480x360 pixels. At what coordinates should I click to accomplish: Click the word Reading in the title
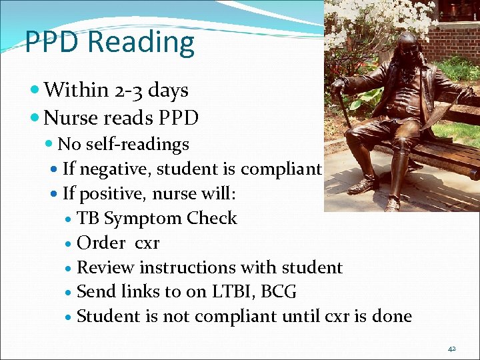(x=141, y=43)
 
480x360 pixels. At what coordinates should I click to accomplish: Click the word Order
(x=101, y=243)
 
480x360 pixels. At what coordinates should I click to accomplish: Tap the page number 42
(x=451, y=349)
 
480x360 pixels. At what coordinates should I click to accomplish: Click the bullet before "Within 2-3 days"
(x=35, y=90)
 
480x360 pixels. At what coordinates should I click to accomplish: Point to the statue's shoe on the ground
(x=363, y=187)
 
